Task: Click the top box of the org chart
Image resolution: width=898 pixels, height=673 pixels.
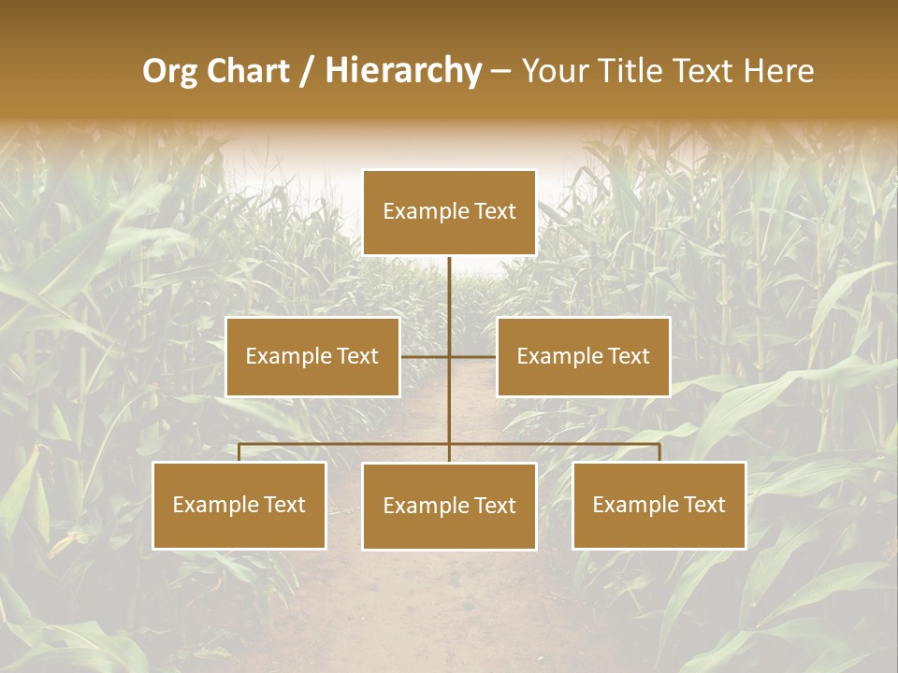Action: click(449, 212)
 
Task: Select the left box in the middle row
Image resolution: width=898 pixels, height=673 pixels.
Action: click(312, 356)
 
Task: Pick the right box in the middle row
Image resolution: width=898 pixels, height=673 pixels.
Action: click(584, 356)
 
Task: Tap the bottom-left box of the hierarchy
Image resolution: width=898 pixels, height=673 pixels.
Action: click(239, 506)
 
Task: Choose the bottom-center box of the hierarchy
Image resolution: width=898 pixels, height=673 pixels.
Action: click(449, 507)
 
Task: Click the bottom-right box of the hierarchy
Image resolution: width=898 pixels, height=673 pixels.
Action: click(659, 506)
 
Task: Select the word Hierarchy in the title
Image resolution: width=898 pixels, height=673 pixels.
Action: click(403, 71)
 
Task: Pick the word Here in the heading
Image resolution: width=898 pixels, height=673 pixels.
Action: click(778, 70)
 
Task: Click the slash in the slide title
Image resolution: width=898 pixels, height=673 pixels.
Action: click(307, 71)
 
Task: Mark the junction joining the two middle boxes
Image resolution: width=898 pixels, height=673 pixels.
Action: click(449, 356)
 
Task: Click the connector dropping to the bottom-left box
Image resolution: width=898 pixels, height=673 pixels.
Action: click(239, 452)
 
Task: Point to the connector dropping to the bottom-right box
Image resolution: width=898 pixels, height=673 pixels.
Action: click(659, 452)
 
